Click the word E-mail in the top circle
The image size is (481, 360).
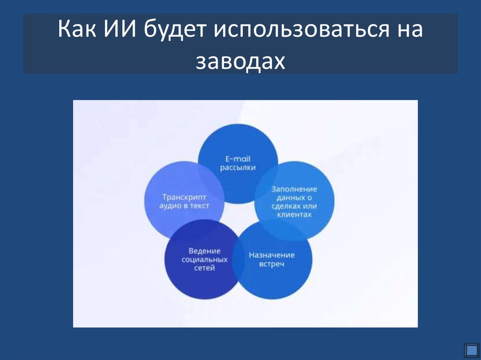point(238,159)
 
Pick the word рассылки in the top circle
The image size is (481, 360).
point(238,168)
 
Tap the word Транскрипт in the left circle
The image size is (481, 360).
point(184,197)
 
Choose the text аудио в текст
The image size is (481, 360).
point(184,206)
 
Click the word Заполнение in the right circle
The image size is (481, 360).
point(294,189)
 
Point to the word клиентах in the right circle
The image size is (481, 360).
point(294,214)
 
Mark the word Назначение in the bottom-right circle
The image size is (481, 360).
point(272,255)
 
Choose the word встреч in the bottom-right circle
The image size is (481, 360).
point(272,264)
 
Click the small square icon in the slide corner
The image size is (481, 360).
point(471,350)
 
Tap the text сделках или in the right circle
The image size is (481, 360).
point(294,206)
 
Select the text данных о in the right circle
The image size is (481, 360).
point(294,198)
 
